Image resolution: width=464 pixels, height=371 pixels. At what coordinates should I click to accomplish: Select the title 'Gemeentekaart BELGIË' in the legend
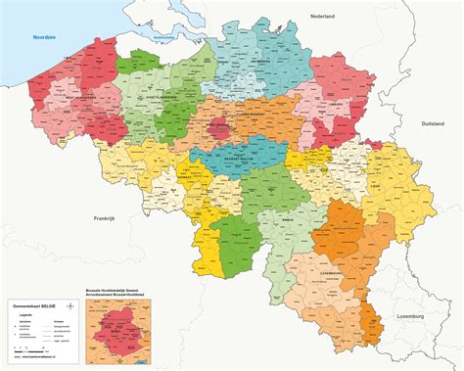33,306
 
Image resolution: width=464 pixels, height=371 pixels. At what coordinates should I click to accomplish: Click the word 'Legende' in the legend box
27,315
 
